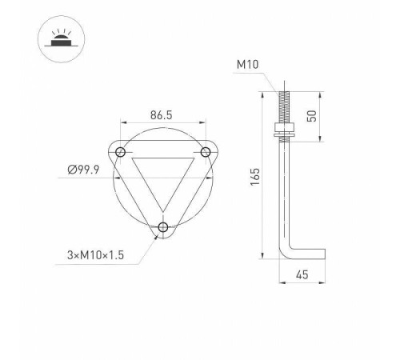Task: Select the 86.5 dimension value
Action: tap(161, 114)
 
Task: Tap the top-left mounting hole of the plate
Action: tap(121, 152)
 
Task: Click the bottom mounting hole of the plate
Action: tap(163, 228)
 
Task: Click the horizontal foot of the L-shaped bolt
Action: tap(308, 254)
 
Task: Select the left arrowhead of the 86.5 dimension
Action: tap(123, 122)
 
